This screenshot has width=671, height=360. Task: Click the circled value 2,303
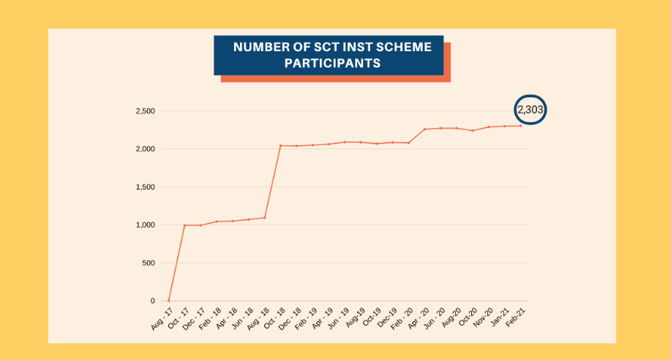(x=531, y=110)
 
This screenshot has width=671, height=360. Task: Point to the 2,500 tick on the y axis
(x=145, y=111)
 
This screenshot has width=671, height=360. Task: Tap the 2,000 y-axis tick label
(x=145, y=149)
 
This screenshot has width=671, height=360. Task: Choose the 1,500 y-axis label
(x=145, y=187)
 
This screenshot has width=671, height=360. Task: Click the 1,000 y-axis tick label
(x=145, y=225)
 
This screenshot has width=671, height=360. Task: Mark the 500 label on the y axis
(x=149, y=263)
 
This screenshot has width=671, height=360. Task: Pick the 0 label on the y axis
(x=154, y=301)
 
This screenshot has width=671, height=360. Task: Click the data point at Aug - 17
(x=168, y=301)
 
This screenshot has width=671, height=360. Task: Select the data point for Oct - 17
(x=184, y=225)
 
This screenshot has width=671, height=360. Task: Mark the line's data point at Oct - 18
(x=280, y=146)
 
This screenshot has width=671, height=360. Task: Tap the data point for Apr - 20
(x=424, y=130)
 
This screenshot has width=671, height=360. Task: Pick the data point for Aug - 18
(x=264, y=217)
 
